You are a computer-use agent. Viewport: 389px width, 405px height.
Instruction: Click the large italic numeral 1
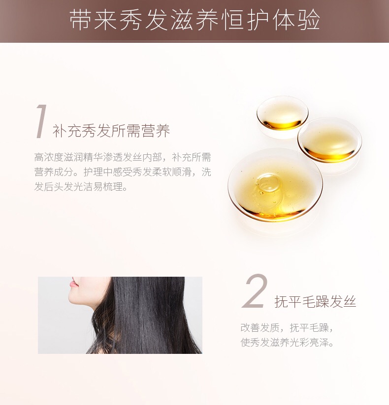pos(41,121)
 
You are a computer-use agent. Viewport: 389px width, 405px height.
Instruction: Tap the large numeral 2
pos(255,291)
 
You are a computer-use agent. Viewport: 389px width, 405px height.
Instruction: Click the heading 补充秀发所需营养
pos(111,131)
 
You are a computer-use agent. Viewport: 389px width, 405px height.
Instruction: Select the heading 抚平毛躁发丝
pos(315,301)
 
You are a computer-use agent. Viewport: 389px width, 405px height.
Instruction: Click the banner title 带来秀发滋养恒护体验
pos(194,20)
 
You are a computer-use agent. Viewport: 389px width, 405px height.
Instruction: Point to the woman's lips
pos(73,282)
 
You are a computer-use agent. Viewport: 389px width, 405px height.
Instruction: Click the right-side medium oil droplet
pos(329,140)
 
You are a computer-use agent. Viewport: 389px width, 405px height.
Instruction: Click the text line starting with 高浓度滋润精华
pos(123,157)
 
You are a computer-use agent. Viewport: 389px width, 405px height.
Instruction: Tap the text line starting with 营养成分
pos(123,172)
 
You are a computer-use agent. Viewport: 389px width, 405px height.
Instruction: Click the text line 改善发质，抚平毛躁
pos(287,327)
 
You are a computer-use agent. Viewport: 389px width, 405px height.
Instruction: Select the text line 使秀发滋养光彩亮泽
pos(287,343)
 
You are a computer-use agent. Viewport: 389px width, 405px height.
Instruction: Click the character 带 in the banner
pos(81,20)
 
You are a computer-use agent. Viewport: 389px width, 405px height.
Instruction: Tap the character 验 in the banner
pos(309,20)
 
